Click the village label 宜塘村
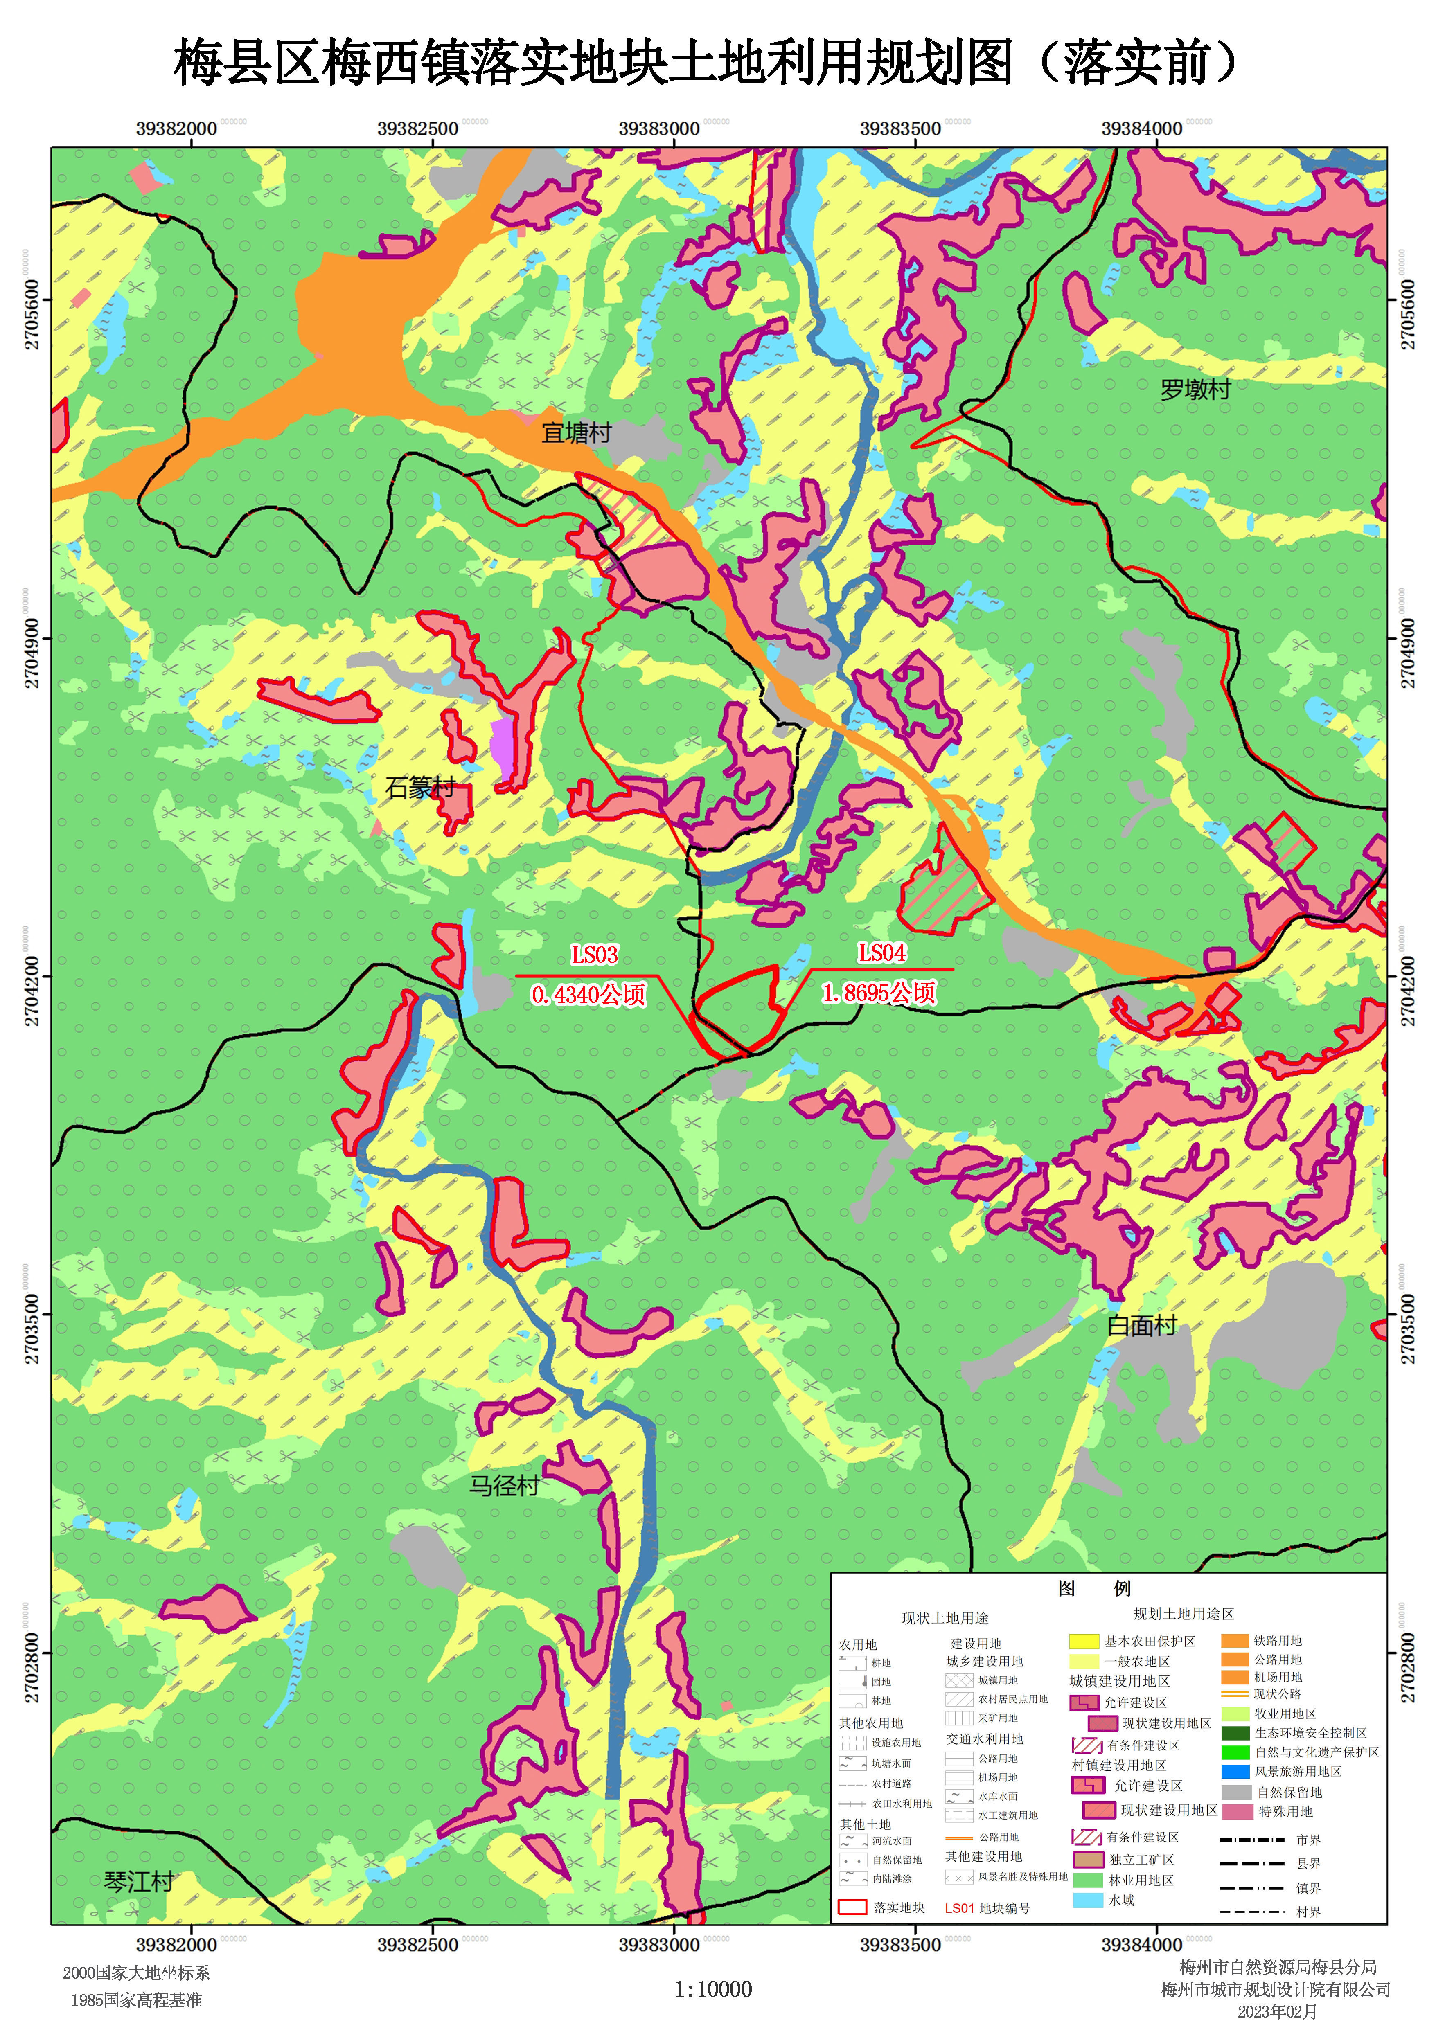(577, 433)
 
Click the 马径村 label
(504, 1485)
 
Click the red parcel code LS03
(594, 955)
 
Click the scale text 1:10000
(713, 1989)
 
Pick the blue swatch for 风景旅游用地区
(1235, 1772)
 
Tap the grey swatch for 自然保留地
(1235, 1792)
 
